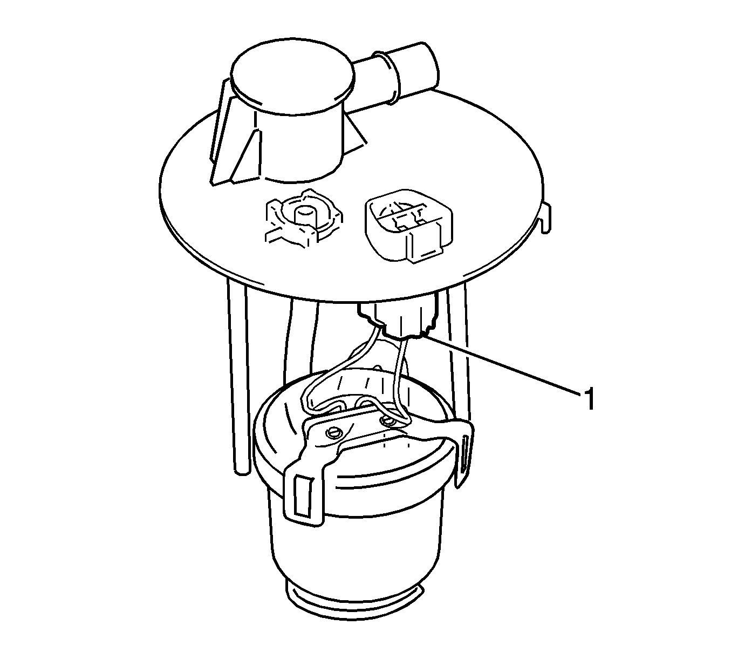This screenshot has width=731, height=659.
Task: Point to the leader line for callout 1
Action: [502, 364]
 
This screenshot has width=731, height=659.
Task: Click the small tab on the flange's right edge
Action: [546, 219]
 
